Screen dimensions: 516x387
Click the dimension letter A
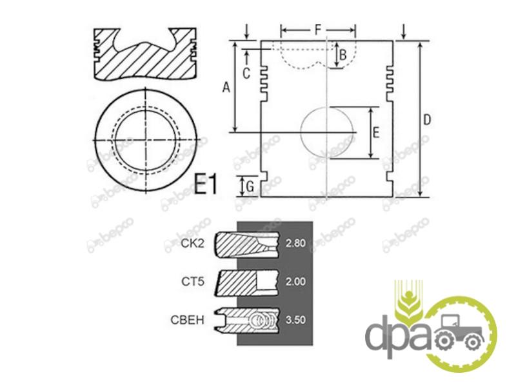pos(226,88)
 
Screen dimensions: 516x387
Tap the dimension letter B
pos(343,55)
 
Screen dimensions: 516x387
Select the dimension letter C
pos(246,74)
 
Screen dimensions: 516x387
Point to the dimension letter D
pos(426,120)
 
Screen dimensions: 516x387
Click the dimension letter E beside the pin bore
pos(376,132)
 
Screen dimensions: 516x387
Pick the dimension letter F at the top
pos(317,30)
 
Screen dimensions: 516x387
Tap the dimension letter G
pos(250,186)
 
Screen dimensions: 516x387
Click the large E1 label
pos(206,184)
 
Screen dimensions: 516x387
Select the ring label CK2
pos(192,243)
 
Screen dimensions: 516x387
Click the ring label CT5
pos(193,282)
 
